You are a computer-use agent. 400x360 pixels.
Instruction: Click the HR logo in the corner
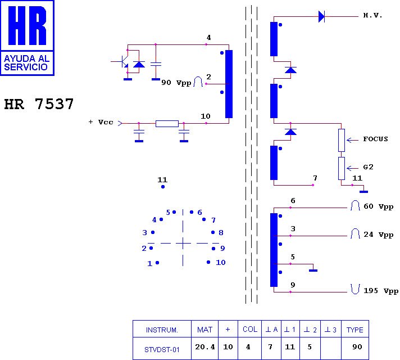[27, 37]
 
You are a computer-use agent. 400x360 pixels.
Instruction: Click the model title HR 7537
[39, 105]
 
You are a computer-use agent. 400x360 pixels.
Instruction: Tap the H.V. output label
[372, 16]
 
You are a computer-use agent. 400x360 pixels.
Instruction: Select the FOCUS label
[375, 139]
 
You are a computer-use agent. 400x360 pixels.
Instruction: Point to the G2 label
[368, 167]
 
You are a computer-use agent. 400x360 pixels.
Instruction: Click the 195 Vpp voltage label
[380, 291]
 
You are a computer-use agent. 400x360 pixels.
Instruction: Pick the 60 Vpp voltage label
[378, 206]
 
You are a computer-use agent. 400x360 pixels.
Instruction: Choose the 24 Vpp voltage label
[378, 235]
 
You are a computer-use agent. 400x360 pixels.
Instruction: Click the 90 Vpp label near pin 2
[176, 83]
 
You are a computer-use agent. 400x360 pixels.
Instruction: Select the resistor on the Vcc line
[167, 123]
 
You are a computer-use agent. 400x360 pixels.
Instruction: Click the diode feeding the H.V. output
[321, 16]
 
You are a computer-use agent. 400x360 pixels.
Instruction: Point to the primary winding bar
[229, 84]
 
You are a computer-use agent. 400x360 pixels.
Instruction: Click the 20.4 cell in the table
[205, 347]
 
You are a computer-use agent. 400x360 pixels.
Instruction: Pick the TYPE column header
[354, 330]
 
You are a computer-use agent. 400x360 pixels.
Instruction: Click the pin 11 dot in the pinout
[163, 186]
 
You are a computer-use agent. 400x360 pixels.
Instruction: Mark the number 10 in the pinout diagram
[221, 263]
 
